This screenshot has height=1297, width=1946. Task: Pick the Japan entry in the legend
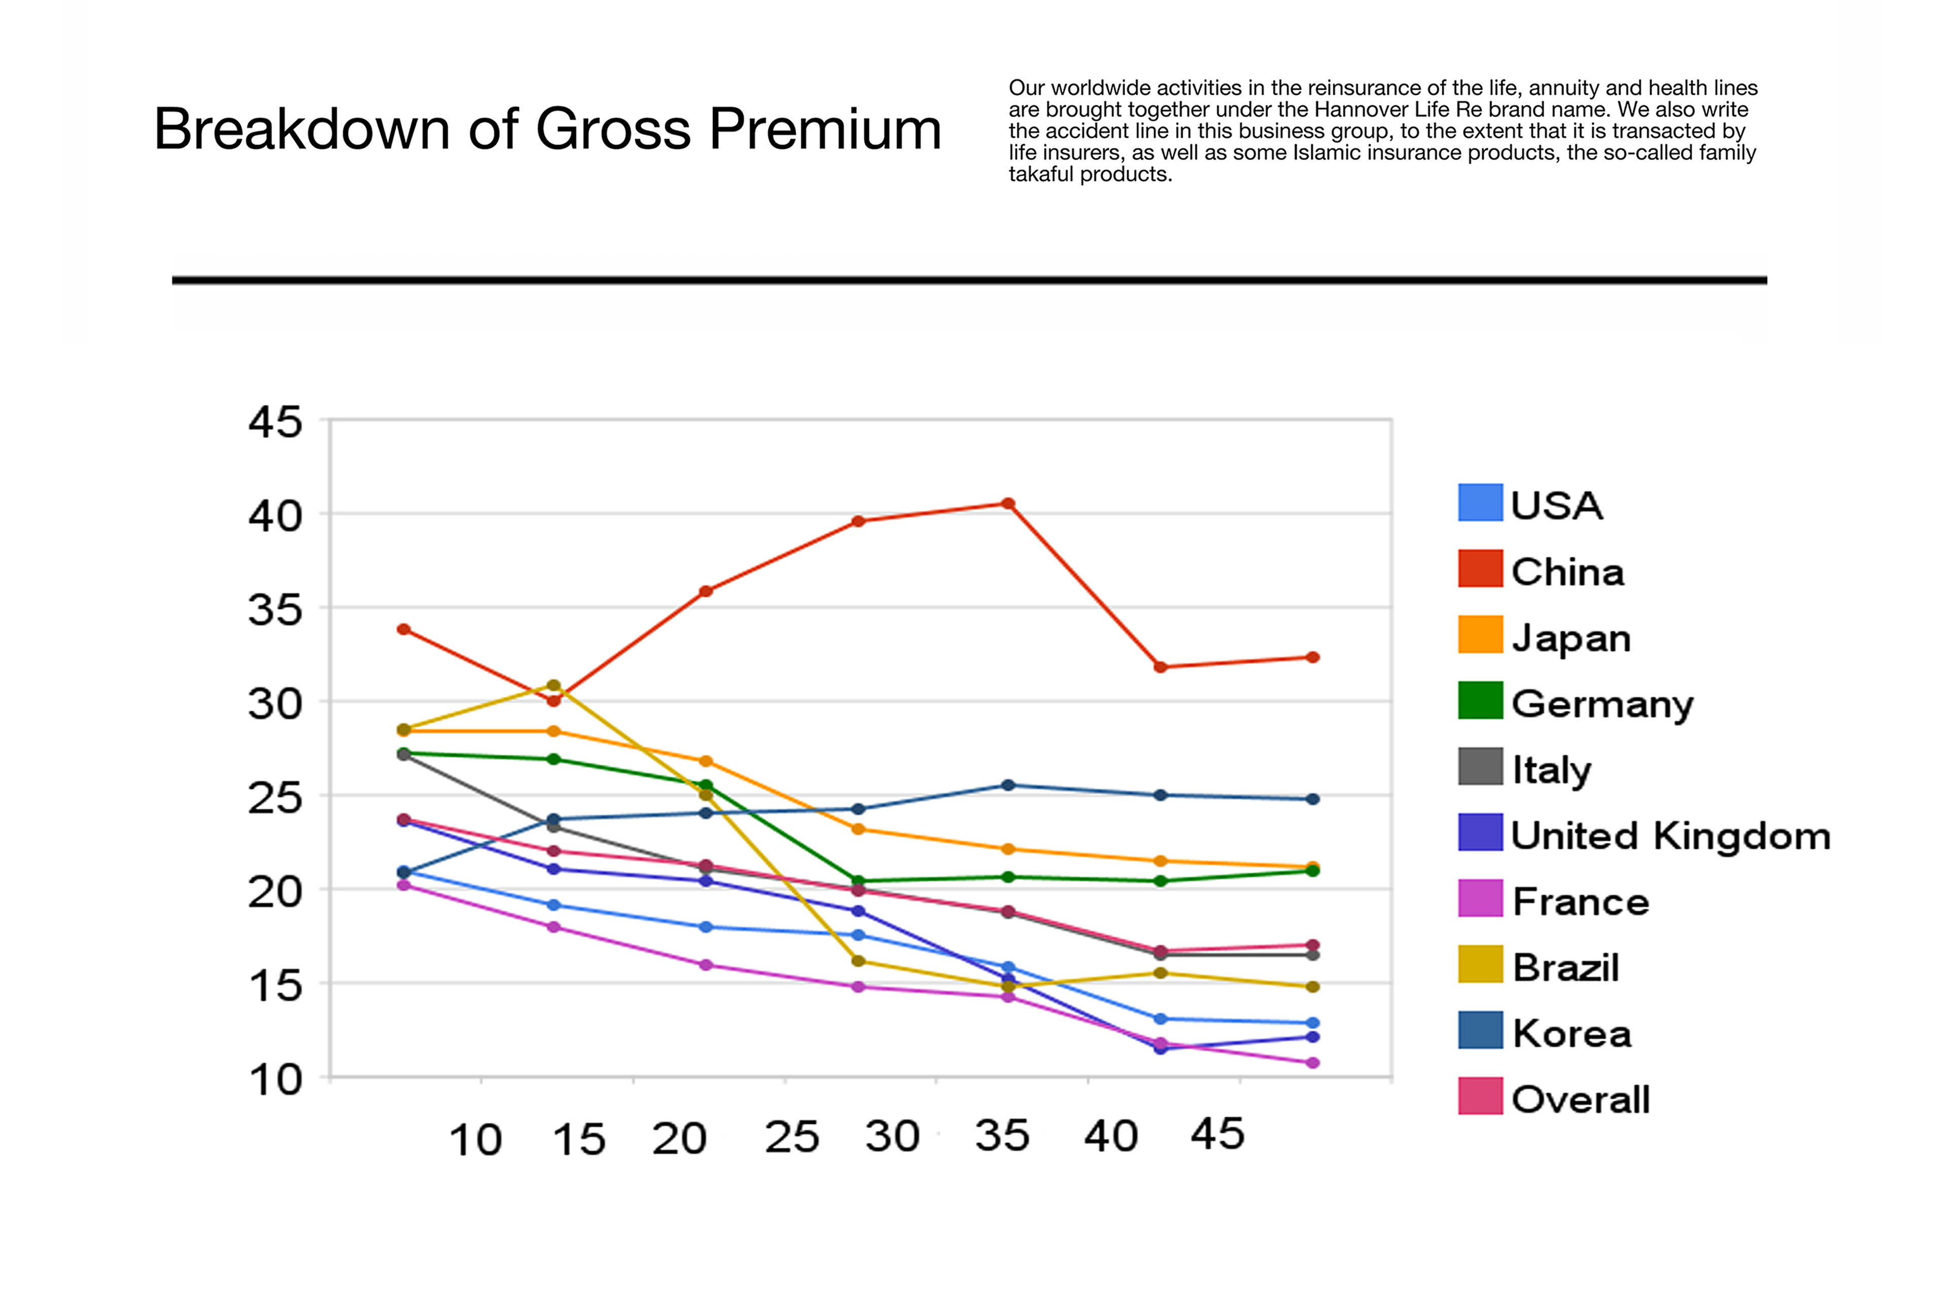click(x=1570, y=638)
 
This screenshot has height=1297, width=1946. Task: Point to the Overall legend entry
click(x=1580, y=1100)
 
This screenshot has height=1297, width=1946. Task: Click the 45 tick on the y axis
click(x=276, y=423)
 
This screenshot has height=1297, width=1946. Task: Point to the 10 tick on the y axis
click(x=276, y=1080)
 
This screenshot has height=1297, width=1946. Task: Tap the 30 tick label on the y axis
click(x=276, y=704)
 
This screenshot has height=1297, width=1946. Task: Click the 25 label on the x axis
click(x=791, y=1137)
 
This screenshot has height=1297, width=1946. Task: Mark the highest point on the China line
click(x=1008, y=504)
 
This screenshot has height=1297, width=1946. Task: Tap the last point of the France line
click(x=1312, y=1063)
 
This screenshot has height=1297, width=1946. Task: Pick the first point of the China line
click(x=404, y=629)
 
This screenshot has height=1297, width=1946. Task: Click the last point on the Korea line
click(x=1312, y=799)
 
